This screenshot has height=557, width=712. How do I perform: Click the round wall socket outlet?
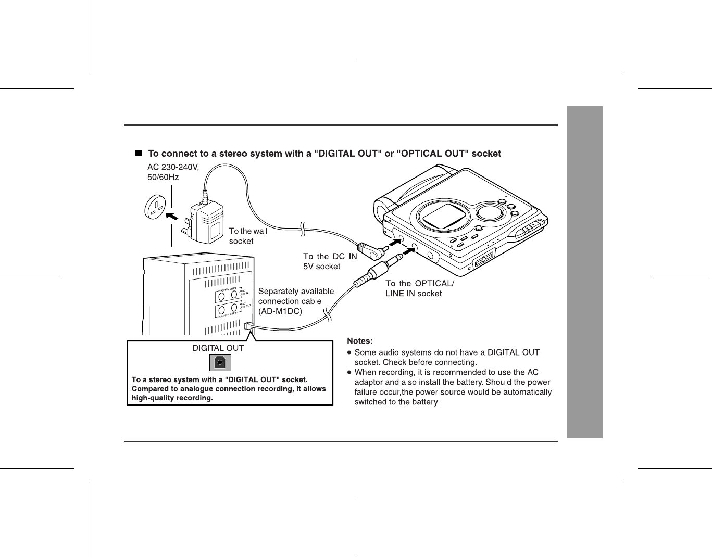tap(156, 207)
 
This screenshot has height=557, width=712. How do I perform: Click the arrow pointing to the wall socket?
tap(172, 214)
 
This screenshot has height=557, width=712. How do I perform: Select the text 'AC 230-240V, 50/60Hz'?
tap(173, 172)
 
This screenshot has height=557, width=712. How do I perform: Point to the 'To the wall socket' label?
tap(248, 236)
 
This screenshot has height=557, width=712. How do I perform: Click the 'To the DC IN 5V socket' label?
tap(330, 261)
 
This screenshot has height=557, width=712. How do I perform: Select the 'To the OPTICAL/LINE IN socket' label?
tap(419, 288)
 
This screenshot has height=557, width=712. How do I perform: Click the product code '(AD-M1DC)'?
tap(280, 311)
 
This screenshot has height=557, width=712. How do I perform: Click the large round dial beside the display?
tap(490, 212)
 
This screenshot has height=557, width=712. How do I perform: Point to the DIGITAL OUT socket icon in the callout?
tap(220, 362)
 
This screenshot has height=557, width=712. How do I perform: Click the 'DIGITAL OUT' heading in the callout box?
tap(218, 348)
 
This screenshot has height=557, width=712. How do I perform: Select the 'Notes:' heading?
tap(360, 341)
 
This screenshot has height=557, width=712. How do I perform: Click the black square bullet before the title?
tap(139, 154)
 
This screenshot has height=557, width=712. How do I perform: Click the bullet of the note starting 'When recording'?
tap(349, 373)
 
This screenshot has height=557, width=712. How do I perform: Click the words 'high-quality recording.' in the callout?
tap(172, 398)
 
